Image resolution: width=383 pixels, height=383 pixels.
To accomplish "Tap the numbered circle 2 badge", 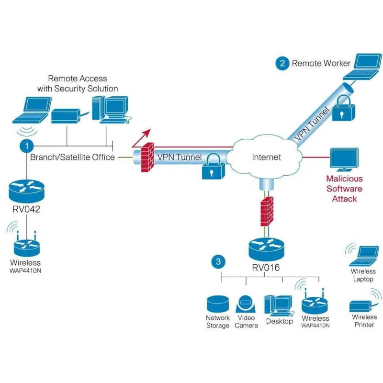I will (x=282, y=63).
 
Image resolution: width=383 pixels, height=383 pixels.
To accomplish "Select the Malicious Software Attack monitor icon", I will (x=344, y=159).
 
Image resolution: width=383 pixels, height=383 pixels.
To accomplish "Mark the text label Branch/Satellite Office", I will (x=72, y=157).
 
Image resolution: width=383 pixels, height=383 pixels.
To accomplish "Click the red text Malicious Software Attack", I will (x=344, y=188).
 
